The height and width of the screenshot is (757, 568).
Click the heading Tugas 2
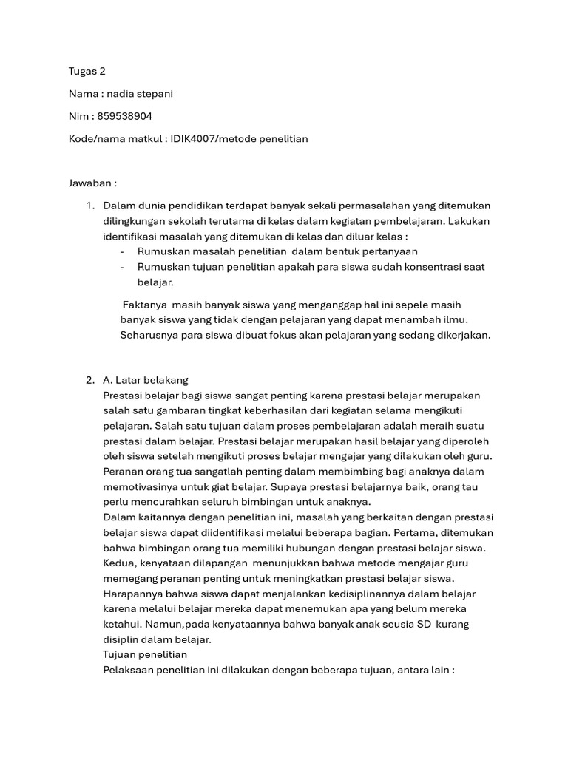[x=87, y=71]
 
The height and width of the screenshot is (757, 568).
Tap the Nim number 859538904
[x=125, y=116]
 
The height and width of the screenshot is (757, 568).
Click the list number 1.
[x=89, y=206]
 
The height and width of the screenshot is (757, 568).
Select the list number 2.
[x=89, y=380]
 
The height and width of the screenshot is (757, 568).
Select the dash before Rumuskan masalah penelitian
[x=121, y=252]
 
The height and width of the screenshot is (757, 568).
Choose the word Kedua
[x=121, y=563]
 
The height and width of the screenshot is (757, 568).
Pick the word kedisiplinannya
[x=321, y=594]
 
